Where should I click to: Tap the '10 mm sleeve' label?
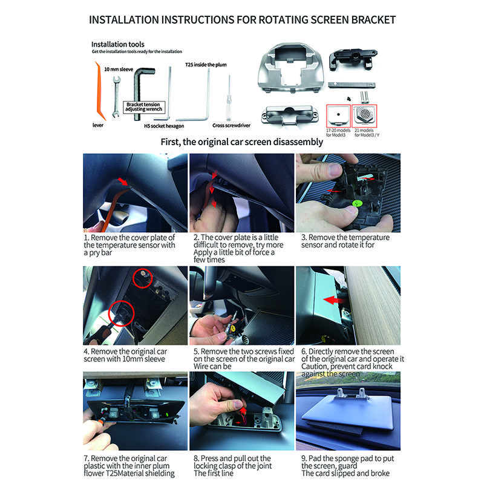tap(119, 70)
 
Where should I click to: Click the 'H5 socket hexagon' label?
tap(163, 126)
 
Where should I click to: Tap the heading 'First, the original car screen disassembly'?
tap(241, 143)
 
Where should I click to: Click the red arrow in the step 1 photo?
tap(124, 181)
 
